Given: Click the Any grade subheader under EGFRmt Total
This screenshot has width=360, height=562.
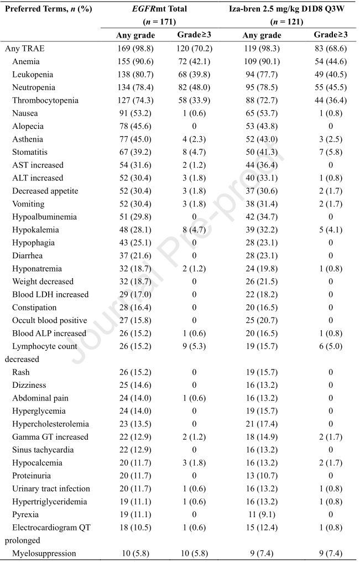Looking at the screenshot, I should pos(135,35).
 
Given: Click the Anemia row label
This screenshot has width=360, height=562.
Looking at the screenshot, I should pos(26,61).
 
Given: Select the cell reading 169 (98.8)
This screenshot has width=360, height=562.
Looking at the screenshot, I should pos(135,49).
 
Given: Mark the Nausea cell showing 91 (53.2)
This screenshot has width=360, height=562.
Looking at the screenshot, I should pos(135,113).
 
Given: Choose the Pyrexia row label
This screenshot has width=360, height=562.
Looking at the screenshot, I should pos(25,514).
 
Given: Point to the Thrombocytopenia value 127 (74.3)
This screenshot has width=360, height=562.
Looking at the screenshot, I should pos(135,100).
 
